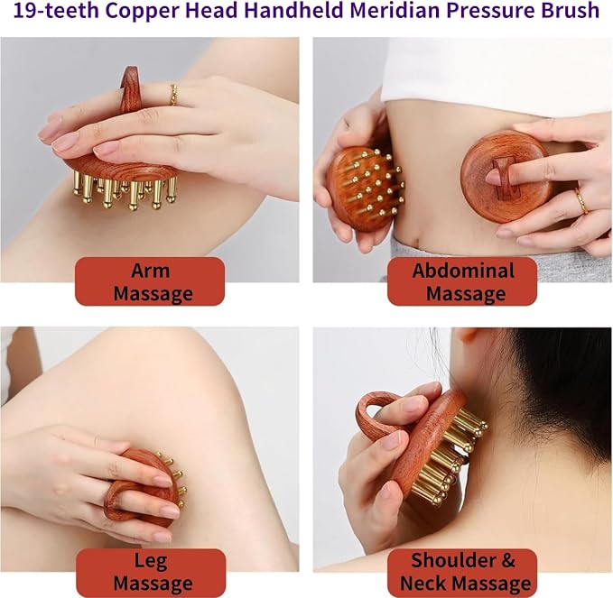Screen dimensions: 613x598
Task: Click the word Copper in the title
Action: (135, 12)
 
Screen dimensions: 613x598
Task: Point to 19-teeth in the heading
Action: (57, 11)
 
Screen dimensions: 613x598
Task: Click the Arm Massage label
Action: (151, 281)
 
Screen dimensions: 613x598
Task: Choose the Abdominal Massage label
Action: (462, 281)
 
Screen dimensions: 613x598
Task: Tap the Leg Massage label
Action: (151, 573)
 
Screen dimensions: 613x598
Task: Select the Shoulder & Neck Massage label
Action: (463, 573)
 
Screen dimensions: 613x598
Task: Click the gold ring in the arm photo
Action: (173, 95)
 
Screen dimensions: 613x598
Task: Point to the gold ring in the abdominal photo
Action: (580, 201)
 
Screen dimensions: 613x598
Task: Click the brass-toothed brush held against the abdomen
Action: (363, 187)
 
